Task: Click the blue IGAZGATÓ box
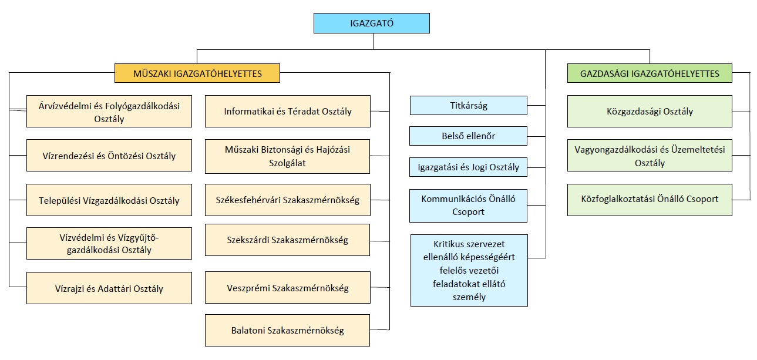tap(371, 23)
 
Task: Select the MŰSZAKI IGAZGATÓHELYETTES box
tap(197, 73)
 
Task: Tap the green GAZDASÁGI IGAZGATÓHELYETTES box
tap(650, 73)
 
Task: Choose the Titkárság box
tap(468, 106)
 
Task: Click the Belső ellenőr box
tap(468, 136)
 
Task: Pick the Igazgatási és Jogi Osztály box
tap(468, 167)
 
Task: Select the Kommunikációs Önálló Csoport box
tap(468, 205)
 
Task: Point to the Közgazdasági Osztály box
tap(650, 111)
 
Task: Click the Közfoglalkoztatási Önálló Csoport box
tap(650, 198)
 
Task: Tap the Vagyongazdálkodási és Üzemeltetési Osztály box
tap(650, 156)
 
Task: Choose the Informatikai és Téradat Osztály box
tap(288, 111)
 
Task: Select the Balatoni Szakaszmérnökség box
tap(288, 330)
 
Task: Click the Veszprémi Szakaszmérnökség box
tap(288, 288)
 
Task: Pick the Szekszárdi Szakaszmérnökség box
tap(288, 240)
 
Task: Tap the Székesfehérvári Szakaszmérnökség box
tap(288, 200)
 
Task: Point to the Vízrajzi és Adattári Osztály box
tap(109, 288)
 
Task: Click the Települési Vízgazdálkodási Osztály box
tap(109, 200)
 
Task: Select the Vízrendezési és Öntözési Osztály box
tap(109, 156)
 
